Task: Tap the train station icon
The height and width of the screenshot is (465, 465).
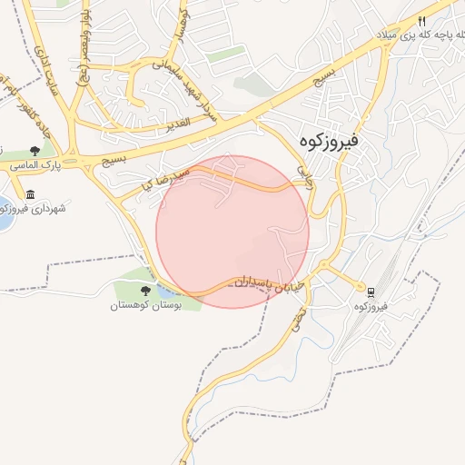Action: (371, 292)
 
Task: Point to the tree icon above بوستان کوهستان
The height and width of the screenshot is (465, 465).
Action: (146, 291)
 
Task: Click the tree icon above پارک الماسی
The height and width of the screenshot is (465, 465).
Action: (35, 152)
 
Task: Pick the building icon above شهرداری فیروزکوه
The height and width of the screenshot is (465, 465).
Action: (31, 194)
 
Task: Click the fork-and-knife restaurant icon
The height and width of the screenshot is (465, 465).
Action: (422, 22)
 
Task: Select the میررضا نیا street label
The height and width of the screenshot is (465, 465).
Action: (162, 178)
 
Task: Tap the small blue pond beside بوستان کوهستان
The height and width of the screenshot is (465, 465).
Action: (169, 292)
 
